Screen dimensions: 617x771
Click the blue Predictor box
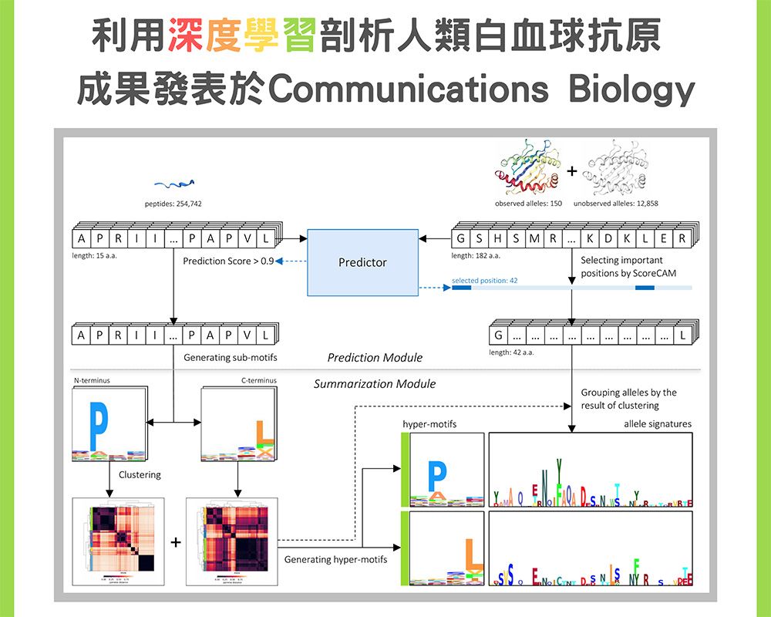pos(362,262)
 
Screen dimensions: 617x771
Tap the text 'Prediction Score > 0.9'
pos(228,261)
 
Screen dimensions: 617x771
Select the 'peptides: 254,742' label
pos(173,203)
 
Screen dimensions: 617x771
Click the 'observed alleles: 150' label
pos(529,203)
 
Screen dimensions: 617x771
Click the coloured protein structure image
pos(529,167)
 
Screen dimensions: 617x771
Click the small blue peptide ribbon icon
pos(173,184)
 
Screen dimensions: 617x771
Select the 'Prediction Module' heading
pos(375,357)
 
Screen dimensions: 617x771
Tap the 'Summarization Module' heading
pos(375,383)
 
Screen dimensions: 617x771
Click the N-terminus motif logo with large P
pos(108,425)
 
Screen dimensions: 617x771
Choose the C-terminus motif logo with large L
pos(238,425)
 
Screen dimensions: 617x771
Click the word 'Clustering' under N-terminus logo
pos(140,474)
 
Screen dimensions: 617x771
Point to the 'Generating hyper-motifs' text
pos(335,559)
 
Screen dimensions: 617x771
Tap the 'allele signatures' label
pos(658,424)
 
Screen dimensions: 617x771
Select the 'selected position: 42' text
pos(484,281)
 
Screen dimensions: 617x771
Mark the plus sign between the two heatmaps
pos(177,544)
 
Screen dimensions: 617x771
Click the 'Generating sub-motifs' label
pos(231,357)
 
